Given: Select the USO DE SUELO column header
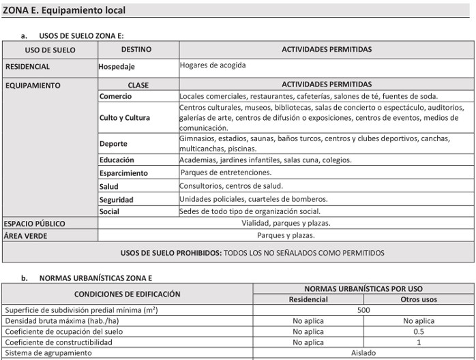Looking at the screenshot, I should click(50, 50).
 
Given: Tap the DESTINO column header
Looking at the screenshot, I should click(136, 50).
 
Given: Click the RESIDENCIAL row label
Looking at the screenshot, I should click(27, 67).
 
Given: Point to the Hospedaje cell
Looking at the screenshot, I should click(117, 67).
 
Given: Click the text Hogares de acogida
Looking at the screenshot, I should click(213, 65).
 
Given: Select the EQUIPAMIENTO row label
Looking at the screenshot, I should click(33, 85).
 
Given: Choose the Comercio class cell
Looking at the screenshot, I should click(115, 96).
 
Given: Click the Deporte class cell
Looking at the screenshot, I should click(113, 144).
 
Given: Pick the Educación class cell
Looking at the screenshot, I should click(117, 160).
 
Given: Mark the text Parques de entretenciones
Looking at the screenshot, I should click(226, 172).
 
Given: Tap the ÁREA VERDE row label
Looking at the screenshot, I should click(25, 236).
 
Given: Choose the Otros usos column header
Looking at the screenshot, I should click(419, 299).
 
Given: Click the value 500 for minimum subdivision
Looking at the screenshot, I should click(363, 310).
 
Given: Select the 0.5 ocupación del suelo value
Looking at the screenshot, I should click(419, 331).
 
